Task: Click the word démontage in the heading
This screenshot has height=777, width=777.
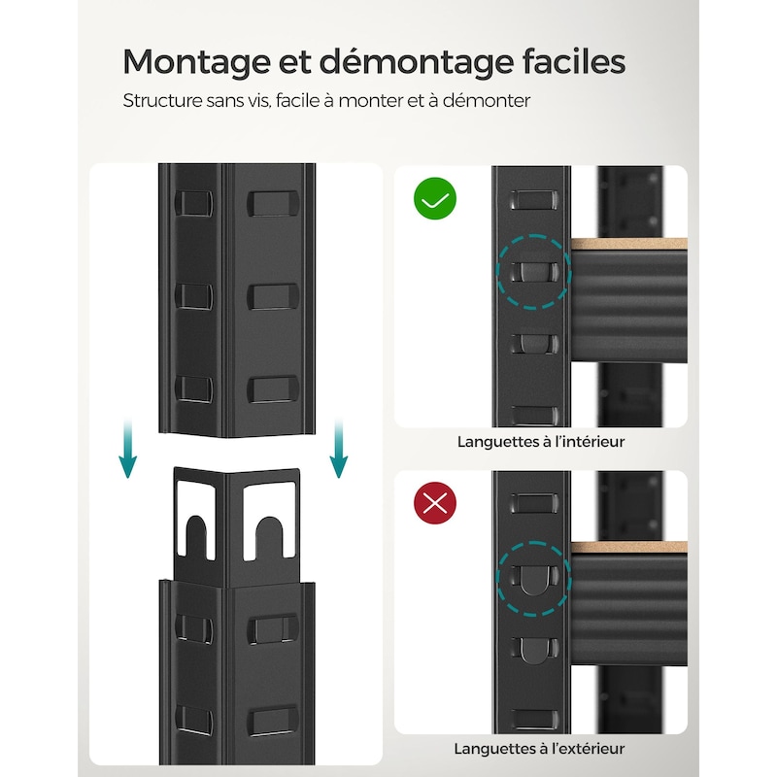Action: tap(409, 62)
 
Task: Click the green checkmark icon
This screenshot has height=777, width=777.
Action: tap(434, 200)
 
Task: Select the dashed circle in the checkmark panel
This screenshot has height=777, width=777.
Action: tap(533, 273)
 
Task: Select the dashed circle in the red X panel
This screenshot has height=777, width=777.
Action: tap(533, 579)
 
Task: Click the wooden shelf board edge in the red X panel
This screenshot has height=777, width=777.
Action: tap(628, 548)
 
